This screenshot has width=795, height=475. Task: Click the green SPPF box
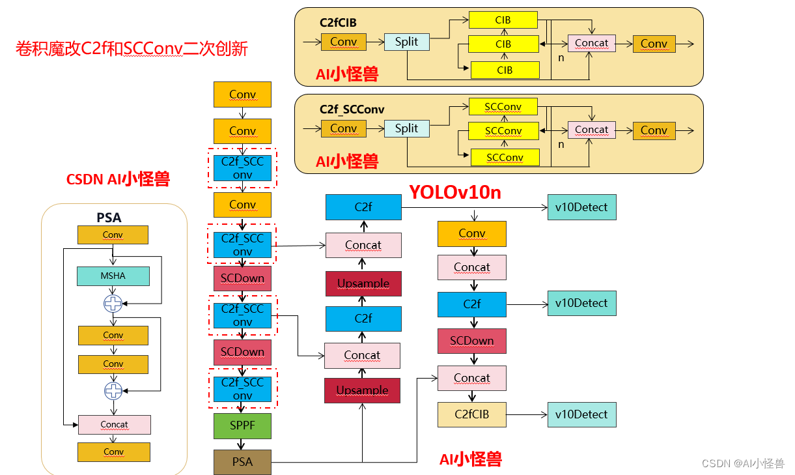(x=242, y=425)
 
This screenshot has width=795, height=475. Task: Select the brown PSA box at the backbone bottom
(x=242, y=462)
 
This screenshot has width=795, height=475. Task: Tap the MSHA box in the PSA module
(x=113, y=276)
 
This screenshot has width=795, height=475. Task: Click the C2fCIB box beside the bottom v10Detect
(x=472, y=414)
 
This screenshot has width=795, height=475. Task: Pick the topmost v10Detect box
(x=581, y=207)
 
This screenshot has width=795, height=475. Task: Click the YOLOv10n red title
(x=454, y=192)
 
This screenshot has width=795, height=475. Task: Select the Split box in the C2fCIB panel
(x=406, y=42)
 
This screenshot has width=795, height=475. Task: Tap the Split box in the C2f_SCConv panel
(x=406, y=128)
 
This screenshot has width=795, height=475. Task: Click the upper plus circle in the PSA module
(x=113, y=303)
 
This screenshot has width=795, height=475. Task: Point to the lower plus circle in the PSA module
(x=113, y=390)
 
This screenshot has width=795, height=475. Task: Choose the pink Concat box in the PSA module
(x=115, y=425)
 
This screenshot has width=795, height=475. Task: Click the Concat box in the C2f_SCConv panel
(x=591, y=130)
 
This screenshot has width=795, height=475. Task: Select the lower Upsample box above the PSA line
(x=362, y=390)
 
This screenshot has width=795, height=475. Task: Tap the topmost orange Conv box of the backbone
(x=242, y=94)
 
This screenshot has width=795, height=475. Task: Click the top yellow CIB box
(x=503, y=20)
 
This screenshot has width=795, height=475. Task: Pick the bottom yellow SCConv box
(x=505, y=158)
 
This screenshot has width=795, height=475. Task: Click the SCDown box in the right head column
(x=472, y=341)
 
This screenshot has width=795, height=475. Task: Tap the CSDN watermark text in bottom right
(x=743, y=463)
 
